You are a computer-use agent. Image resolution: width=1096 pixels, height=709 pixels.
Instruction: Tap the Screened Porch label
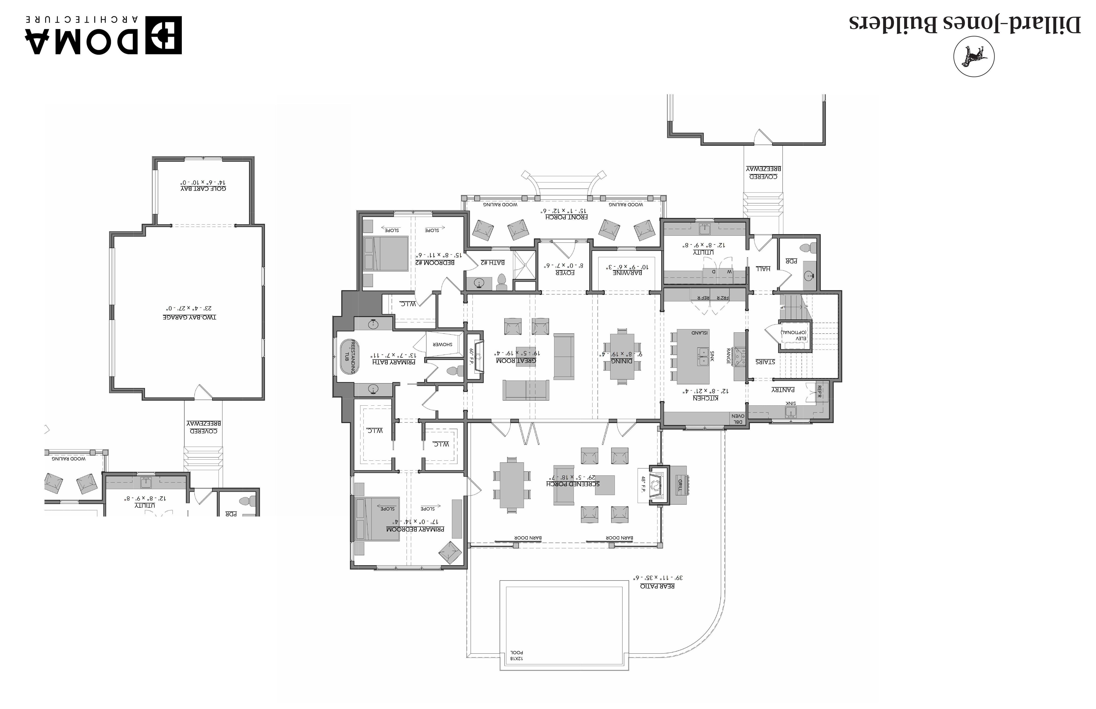(573, 483)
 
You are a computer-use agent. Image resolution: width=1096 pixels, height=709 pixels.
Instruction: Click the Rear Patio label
(657, 586)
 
